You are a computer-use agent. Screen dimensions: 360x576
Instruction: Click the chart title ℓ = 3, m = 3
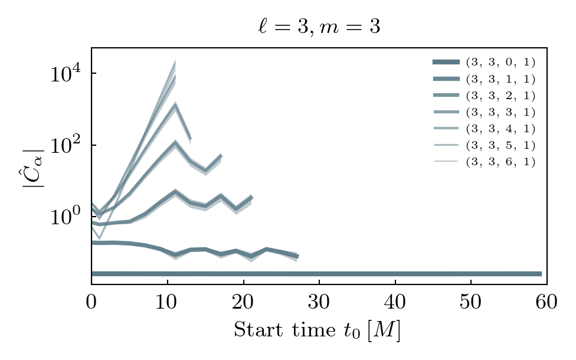point(319,27)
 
